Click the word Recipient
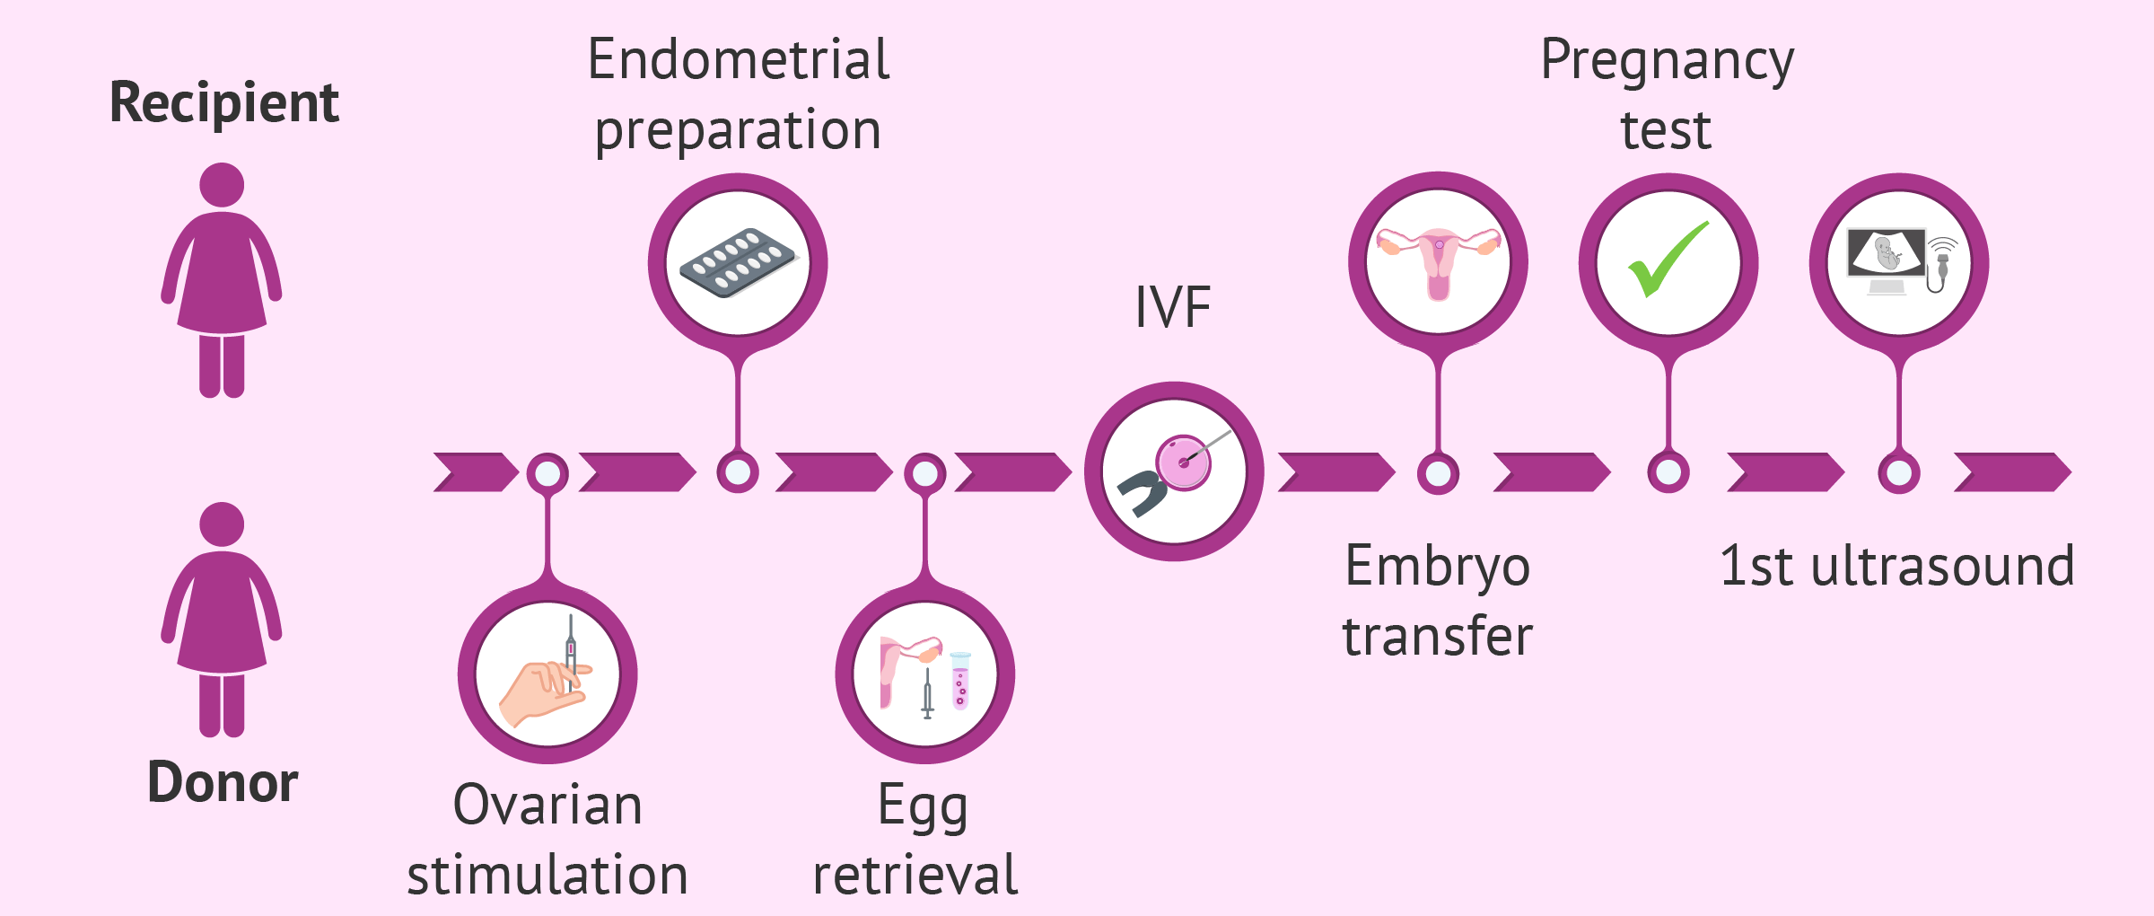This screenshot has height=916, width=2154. click(223, 102)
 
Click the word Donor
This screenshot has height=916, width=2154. click(223, 782)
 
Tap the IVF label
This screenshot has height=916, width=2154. click(1172, 307)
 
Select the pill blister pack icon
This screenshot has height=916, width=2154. click(738, 262)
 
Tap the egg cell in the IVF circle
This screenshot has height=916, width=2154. click(1183, 462)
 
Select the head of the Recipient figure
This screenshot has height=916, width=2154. click(222, 185)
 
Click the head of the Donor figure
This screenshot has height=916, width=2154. click(222, 524)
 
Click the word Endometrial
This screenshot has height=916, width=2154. click(738, 60)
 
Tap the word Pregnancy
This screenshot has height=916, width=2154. click(1667, 61)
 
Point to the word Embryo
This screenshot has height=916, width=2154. click(1437, 568)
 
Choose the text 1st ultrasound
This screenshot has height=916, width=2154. click(1896, 567)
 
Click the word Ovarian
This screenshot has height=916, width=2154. click(547, 805)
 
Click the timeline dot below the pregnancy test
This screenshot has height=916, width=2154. click(1668, 472)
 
